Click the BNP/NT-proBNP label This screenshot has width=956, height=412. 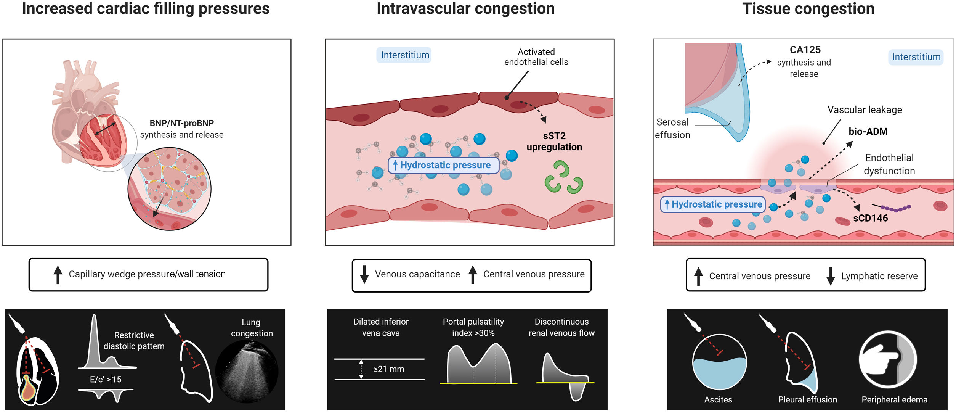click(182, 123)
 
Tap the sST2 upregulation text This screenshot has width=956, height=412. click(554, 142)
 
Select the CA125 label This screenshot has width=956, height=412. click(805, 50)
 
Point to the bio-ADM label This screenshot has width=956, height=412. click(868, 132)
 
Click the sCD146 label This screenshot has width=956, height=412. click(871, 218)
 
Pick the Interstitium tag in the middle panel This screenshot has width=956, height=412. click(405, 55)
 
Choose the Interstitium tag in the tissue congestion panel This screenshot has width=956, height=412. click(916, 57)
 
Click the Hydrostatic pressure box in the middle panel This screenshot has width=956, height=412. click(444, 166)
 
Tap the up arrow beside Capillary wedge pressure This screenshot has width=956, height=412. click(58, 275)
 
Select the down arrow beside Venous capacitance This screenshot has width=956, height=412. click(364, 275)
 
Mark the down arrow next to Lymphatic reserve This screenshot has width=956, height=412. click(831, 276)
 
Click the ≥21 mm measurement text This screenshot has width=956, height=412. click(389, 369)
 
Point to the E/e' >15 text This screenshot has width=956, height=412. click(106, 380)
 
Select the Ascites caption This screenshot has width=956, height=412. click(718, 400)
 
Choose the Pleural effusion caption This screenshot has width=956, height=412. click(808, 400)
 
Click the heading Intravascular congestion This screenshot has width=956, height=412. click(466, 9)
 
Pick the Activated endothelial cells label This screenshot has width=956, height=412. click(536, 57)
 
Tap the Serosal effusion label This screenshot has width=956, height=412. click(672, 129)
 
